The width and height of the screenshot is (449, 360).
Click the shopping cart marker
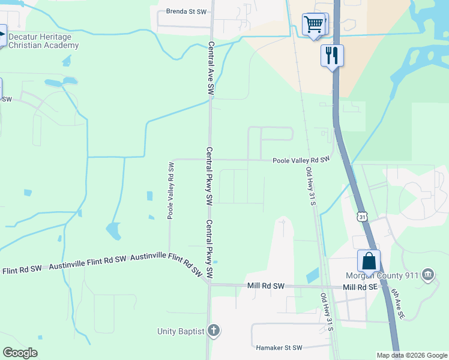315,25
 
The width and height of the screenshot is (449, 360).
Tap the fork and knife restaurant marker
332,56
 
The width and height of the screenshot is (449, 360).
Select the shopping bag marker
369,262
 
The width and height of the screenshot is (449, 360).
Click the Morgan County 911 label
381,275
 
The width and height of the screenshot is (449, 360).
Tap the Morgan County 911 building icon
427,275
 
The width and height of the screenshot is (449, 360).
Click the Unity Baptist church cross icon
214,331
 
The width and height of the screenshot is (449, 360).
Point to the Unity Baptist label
181,331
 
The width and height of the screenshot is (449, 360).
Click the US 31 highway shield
361,217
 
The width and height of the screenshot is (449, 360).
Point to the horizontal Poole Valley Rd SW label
301,160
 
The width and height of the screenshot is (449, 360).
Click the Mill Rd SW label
265,287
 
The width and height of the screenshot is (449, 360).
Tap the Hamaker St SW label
279,347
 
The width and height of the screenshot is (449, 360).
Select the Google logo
20,353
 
